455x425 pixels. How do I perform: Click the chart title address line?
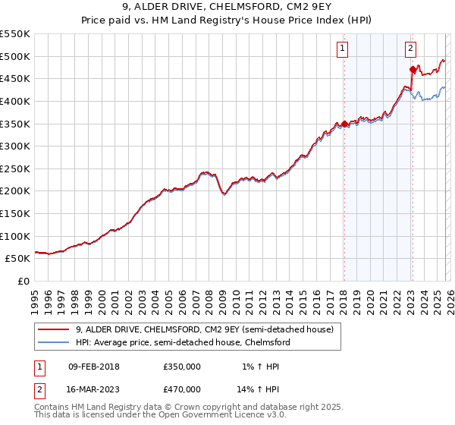(227, 8)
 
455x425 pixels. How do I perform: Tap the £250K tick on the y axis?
(15, 168)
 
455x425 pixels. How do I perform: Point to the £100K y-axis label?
(15, 236)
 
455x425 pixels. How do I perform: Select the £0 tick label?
(23, 281)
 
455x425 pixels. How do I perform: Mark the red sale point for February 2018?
(344, 124)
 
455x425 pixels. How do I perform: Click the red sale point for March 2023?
(413, 70)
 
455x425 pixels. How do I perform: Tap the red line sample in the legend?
(54, 329)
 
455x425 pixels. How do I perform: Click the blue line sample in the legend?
(54, 342)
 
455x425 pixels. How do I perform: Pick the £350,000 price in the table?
(182, 367)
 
